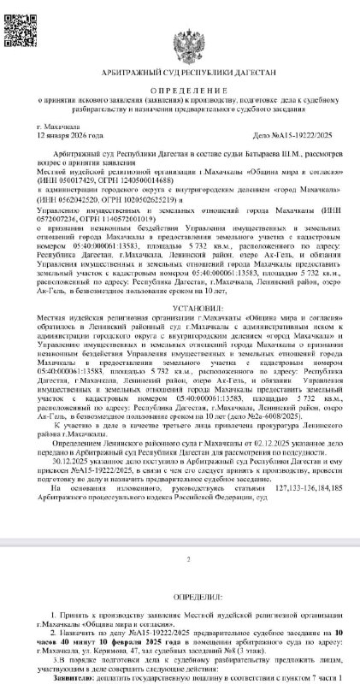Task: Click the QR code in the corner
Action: pyautogui.click(x=19, y=19)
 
